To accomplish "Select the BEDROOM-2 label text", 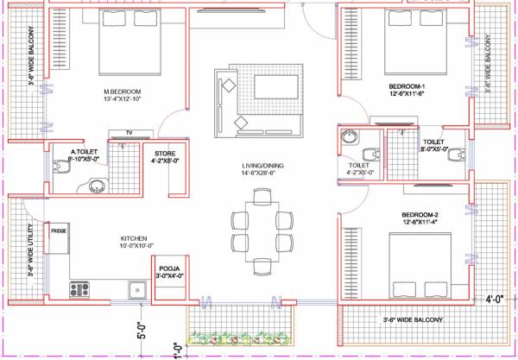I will click(x=420, y=214).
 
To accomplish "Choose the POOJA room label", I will click(x=168, y=269).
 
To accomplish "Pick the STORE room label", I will click(x=164, y=155).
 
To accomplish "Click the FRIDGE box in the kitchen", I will click(x=59, y=231).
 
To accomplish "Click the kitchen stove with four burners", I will click(x=80, y=289).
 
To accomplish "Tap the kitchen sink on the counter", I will click(x=136, y=289).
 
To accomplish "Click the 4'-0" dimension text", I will click(x=495, y=300).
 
